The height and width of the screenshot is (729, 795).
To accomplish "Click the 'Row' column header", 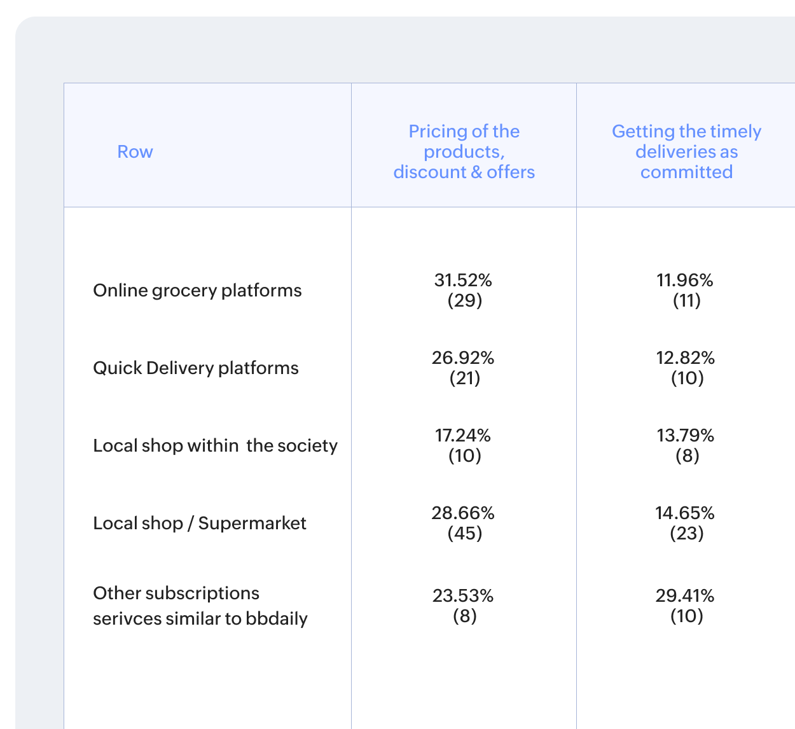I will point(135,151).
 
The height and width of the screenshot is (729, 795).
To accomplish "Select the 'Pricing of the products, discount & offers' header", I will point(464,151).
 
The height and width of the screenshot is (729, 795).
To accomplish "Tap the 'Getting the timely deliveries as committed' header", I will point(686,151).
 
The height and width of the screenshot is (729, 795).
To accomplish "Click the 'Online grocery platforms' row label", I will point(197,290).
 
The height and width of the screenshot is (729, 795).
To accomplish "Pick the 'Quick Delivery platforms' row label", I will point(196,368).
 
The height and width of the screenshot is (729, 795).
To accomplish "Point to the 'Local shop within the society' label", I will point(215,445).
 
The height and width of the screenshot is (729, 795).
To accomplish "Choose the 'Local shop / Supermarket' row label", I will point(200,523).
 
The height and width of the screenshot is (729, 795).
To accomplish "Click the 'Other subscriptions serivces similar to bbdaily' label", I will point(200,606).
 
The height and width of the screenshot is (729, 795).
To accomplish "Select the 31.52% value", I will point(463,280).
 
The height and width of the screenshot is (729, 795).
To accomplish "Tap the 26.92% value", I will point(463,358).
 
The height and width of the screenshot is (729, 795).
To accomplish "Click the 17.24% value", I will point(463,435).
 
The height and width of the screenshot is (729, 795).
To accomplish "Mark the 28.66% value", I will point(463,513).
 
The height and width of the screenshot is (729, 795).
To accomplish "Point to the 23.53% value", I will point(463,595).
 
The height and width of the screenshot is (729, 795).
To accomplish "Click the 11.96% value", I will point(685,280).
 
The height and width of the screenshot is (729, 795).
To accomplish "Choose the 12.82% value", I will point(685,358).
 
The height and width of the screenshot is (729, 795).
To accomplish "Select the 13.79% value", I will point(685,435).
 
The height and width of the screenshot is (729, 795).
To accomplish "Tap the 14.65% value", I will point(685,513).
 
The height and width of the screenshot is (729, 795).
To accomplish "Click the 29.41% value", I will point(685,595).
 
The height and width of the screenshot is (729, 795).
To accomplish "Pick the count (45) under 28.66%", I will point(465,533).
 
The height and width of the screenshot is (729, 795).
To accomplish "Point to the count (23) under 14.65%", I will point(687,533).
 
